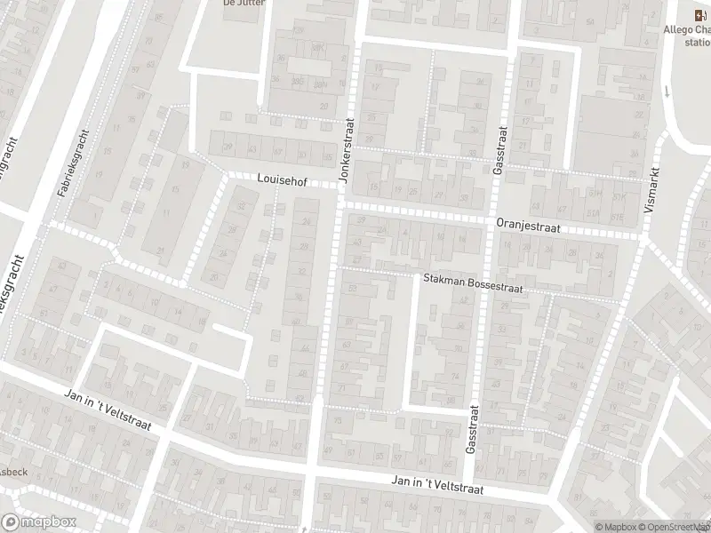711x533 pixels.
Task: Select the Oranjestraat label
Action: tap(528, 227)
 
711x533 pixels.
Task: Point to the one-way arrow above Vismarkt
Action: tap(667, 91)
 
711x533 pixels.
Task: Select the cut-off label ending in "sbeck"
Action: tap(15, 471)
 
